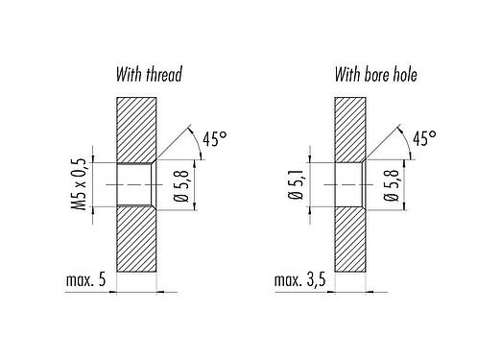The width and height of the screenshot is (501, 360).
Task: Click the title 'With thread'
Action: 148,74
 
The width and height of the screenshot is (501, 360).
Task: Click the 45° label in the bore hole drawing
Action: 422,140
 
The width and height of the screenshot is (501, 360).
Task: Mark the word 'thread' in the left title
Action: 163,74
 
